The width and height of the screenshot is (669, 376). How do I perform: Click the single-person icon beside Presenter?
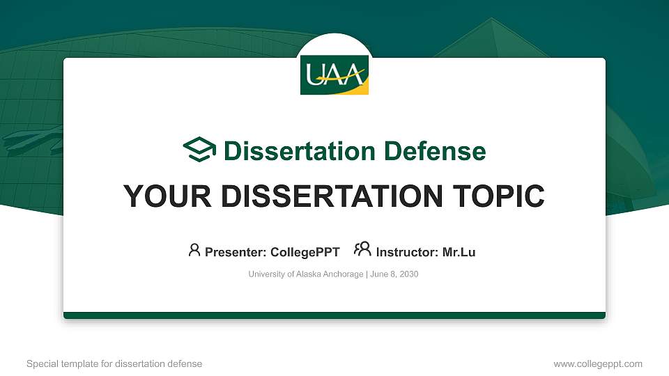194,250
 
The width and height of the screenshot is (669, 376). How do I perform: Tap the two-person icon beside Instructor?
362,249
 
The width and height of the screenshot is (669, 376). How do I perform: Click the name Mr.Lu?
459,252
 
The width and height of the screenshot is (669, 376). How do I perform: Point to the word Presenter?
236,252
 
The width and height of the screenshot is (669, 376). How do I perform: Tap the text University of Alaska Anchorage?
305,274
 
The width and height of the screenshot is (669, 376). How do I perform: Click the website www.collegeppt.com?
598,363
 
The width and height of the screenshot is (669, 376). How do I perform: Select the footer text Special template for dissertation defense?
114,363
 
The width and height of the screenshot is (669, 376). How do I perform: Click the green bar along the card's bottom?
334,315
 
